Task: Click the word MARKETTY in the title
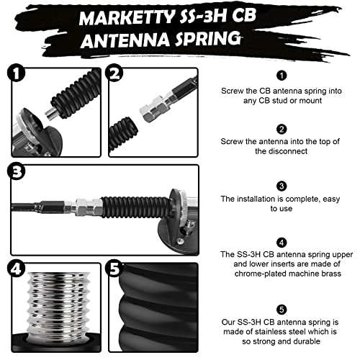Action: click(x=127, y=17)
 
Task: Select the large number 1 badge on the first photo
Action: click(x=16, y=73)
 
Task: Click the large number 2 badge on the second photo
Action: click(x=114, y=73)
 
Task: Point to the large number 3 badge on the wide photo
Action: click(x=16, y=172)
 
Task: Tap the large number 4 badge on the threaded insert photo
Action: click(x=16, y=269)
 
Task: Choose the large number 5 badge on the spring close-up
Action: click(x=114, y=269)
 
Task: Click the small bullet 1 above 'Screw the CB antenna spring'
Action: click(x=282, y=76)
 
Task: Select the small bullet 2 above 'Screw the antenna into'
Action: click(x=282, y=130)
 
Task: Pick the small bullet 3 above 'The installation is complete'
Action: click(x=282, y=186)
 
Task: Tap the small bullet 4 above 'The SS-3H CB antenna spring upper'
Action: click(x=282, y=243)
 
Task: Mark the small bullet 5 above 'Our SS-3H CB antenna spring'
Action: click(x=282, y=310)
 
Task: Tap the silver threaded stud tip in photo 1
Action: click(x=52, y=114)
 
